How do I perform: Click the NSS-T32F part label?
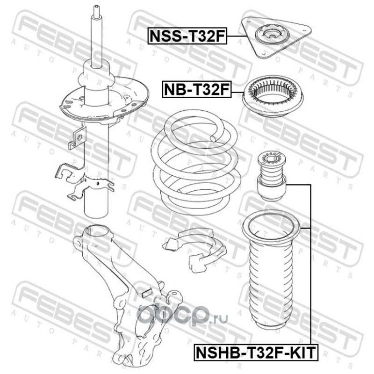click(187, 36)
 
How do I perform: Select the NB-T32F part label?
click(197, 89)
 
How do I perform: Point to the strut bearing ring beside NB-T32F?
click(273, 96)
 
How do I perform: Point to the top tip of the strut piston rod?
click(97, 6)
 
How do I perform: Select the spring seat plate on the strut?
click(104, 100)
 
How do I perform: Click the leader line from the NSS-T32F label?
click(237, 36)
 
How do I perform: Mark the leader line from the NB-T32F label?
click(237, 92)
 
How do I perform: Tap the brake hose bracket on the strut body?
click(77, 138)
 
